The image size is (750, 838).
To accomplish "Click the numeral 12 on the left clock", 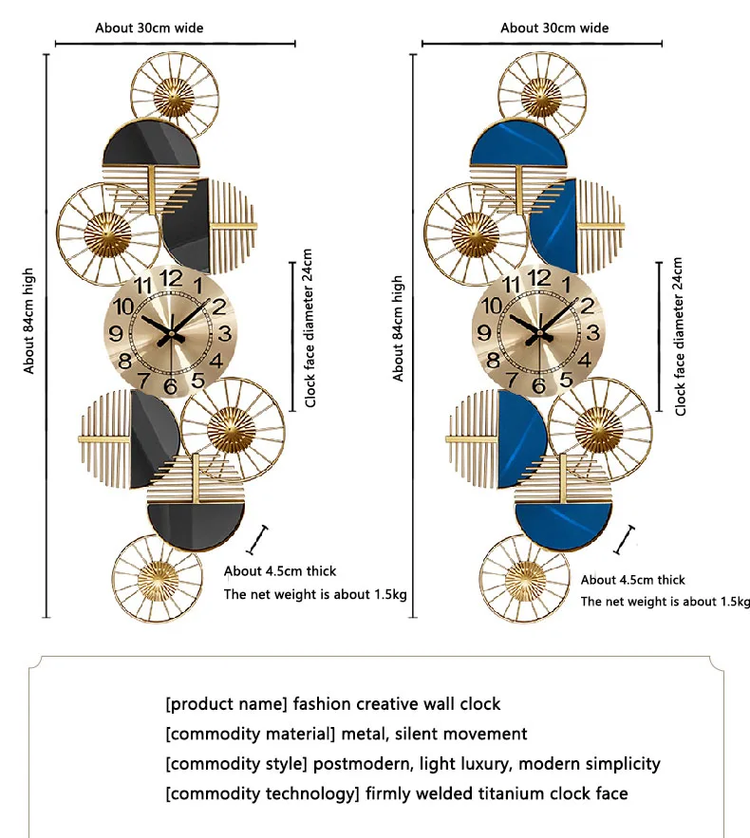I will (x=172, y=278).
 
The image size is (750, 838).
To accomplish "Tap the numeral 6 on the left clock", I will (x=170, y=386).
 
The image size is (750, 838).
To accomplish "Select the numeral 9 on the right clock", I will (x=483, y=332).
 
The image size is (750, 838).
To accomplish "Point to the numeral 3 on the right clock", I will (x=592, y=332).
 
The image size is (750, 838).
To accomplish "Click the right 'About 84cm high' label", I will (x=399, y=328).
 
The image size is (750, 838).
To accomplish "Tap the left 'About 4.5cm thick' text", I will (x=280, y=571).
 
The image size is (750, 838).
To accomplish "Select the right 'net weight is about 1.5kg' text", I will (x=665, y=602).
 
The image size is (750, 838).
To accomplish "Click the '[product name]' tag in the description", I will (x=226, y=704).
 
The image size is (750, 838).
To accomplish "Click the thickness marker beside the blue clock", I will (x=624, y=539).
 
